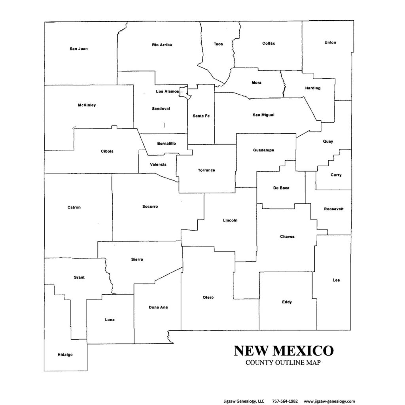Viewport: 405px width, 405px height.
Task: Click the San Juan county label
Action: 78,49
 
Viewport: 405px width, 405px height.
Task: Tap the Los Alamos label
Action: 167,91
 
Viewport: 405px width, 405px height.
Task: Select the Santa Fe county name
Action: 201,115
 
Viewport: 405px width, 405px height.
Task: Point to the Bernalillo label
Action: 166,143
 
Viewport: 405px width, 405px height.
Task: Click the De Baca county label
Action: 281,188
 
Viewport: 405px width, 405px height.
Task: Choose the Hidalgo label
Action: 65,355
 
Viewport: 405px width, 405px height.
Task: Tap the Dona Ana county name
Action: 158,307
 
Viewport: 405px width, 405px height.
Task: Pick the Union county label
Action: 330,42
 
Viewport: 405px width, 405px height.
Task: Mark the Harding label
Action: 313,88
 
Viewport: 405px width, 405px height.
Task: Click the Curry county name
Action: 336,175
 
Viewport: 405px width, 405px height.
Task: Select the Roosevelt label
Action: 333,209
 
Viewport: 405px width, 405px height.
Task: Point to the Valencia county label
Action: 158,165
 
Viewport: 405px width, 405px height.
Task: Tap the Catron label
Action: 74,207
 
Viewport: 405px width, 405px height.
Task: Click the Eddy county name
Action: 287,302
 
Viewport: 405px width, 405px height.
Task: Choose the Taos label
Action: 218,44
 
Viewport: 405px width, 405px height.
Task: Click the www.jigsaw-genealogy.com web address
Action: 329,401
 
